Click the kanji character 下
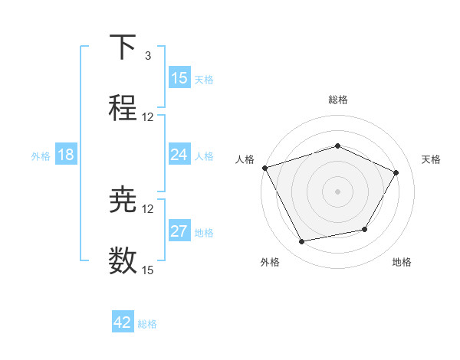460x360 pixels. (123, 48)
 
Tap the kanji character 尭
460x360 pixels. (123, 200)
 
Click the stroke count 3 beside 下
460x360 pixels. (148, 56)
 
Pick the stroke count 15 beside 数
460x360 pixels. (148, 270)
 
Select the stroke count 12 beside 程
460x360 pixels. (148, 117)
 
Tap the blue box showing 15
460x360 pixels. (179, 78)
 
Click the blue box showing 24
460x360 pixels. (179, 155)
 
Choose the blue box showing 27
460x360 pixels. (179, 232)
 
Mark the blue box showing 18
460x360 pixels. (66, 155)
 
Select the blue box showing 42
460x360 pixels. (123, 322)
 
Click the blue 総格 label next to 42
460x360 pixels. (147, 324)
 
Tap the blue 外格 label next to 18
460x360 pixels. (41, 156)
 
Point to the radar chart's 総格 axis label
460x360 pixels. (338, 100)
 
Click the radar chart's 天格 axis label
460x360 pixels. (431, 159)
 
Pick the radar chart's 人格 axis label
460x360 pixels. (245, 159)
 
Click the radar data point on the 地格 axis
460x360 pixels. (365, 229)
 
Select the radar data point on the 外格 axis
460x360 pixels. (301, 242)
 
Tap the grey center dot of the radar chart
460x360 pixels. (338, 191)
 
